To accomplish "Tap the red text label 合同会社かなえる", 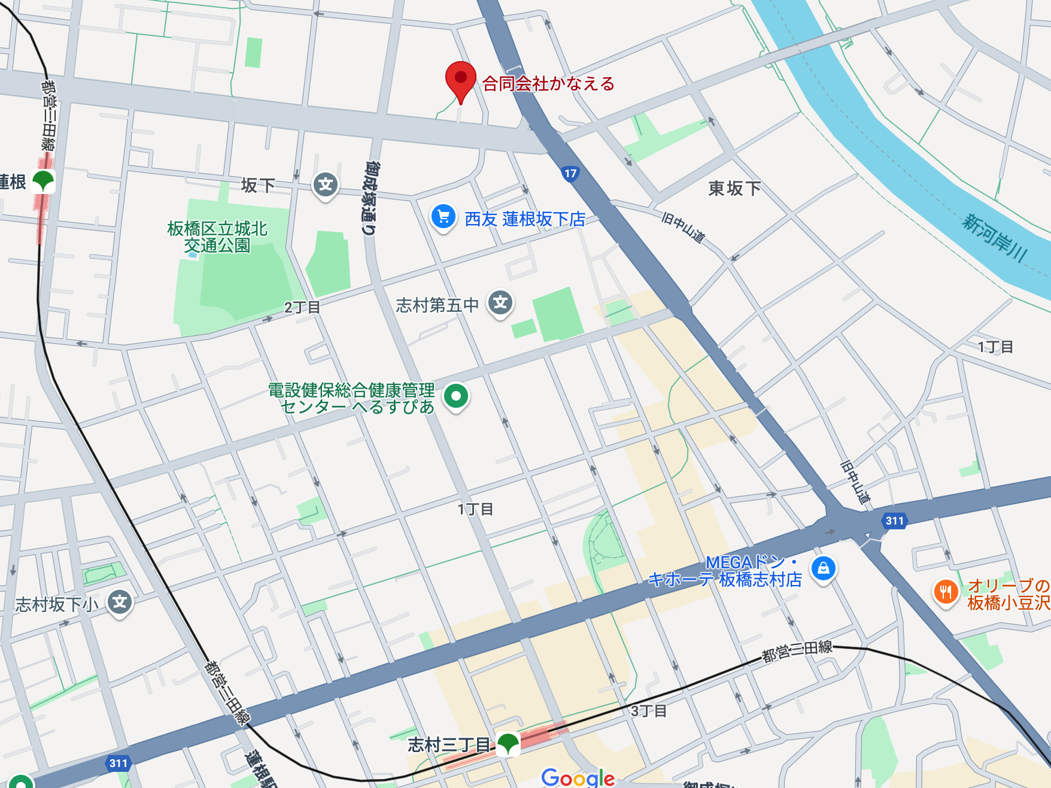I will tap(548, 84).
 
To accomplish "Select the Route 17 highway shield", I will tap(570, 174).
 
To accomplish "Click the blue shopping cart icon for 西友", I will tap(444, 217).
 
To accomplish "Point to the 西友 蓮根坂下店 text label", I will tap(525, 219).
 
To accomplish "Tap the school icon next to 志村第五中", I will tap(501, 303).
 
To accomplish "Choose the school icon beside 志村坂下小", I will tap(120, 602).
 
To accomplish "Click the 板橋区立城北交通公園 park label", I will tap(217, 237).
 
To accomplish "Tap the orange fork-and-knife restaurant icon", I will tap(946, 592).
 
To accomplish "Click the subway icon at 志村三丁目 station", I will tap(508, 744).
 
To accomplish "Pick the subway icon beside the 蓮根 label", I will tap(43, 181).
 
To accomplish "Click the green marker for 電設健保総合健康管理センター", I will tap(456, 396).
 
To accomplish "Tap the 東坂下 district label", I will tap(734, 189).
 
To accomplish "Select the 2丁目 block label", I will tap(302, 308).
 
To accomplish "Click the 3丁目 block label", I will tap(649, 711).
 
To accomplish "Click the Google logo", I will tap(578, 778).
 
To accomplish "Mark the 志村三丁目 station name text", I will tap(449, 745).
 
